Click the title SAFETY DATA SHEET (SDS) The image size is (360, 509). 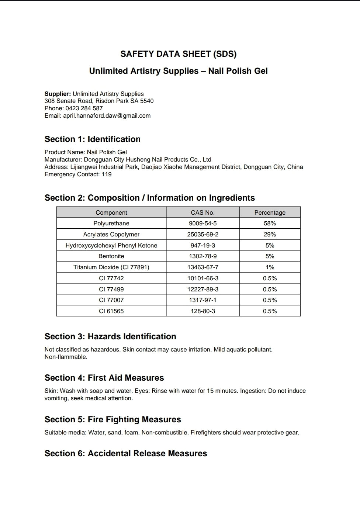178,54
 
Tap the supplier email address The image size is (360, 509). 107,115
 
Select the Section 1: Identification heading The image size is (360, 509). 93,139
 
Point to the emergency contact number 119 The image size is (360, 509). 107,174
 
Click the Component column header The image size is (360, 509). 111,212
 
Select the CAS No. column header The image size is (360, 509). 202,212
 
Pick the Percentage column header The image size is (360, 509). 270,212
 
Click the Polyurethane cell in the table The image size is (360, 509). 111,223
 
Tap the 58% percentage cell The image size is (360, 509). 270,223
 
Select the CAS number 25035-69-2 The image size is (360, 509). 202,234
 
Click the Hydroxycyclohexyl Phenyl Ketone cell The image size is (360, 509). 111,245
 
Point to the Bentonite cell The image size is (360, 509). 111,256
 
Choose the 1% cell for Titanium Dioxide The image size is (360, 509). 270,267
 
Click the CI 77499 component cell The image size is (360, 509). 111,289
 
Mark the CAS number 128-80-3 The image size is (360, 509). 202,311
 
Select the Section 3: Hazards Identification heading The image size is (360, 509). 110,336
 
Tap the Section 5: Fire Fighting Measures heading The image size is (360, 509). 113,419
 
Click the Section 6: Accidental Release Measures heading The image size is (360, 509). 126,453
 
